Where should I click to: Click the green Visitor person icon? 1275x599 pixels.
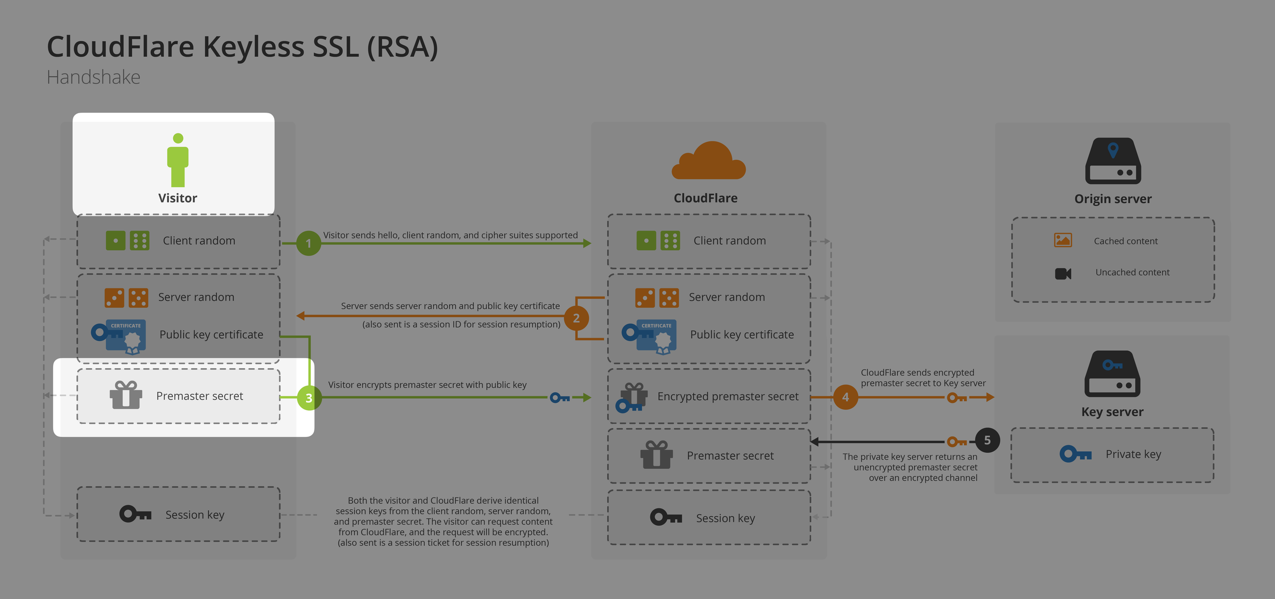[x=177, y=159]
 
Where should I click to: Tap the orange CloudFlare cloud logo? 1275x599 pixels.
[x=708, y=161]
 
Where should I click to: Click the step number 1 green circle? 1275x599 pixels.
[x=308, y=243]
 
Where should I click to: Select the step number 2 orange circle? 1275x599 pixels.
[x=576, y=318]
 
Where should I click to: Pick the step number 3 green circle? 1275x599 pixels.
[x=309, y=398]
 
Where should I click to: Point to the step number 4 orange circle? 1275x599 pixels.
[x=845, y=397]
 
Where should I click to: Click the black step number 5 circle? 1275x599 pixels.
[x=987, y=440]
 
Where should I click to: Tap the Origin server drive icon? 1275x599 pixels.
[x=1112, y=161]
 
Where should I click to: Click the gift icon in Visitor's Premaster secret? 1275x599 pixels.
[x=126, y=395]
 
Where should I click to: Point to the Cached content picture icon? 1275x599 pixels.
[x=1062, y=240]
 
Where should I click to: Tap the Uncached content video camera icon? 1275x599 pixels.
[x=1062, y=273]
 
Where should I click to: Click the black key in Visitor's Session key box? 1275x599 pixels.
[x=135, y=514]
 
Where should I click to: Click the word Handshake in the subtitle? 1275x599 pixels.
[x=93, y=78]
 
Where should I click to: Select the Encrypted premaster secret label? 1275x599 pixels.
[x=727, y=396]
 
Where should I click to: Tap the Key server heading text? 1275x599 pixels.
[x=1112, y=412]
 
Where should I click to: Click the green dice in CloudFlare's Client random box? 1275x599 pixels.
[x=658, y=241]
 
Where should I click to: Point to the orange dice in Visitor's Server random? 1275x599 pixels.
[x=126, y=298]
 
